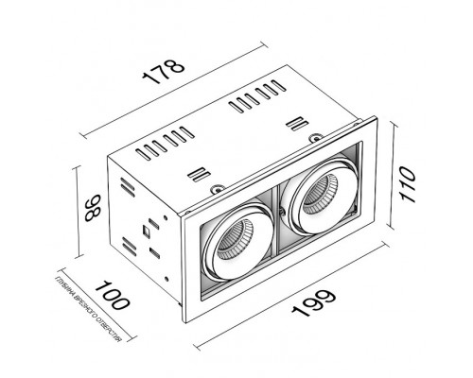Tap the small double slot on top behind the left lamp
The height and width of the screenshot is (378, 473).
click(x=197, y=173)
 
